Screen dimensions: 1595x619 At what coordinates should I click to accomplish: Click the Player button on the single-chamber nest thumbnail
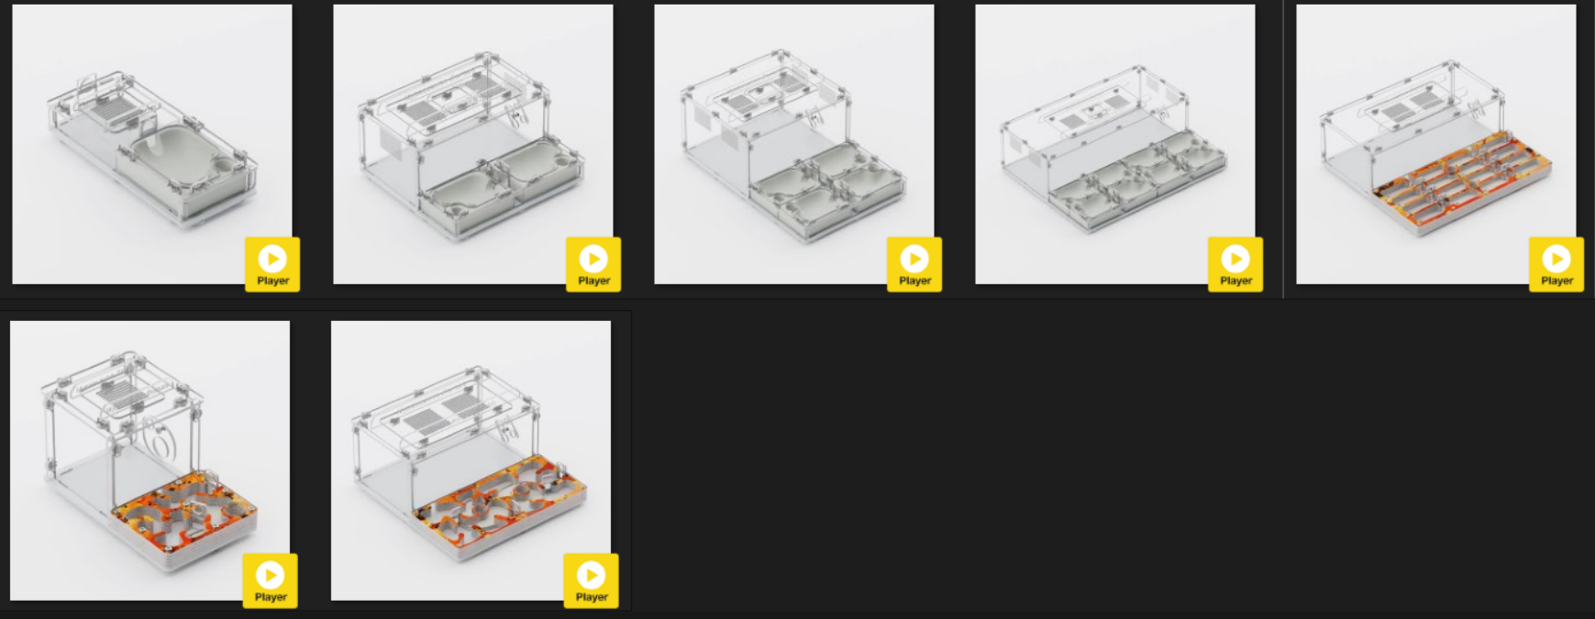272,264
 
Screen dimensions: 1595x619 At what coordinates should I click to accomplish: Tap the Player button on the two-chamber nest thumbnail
593,264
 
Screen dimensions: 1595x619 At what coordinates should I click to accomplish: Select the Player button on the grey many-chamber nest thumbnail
1235,264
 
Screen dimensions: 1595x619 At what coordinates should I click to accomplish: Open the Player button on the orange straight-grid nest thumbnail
1556,264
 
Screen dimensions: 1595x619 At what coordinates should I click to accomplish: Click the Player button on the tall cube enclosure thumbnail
271,580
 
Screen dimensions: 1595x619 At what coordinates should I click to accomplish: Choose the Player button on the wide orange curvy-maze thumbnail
592,580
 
